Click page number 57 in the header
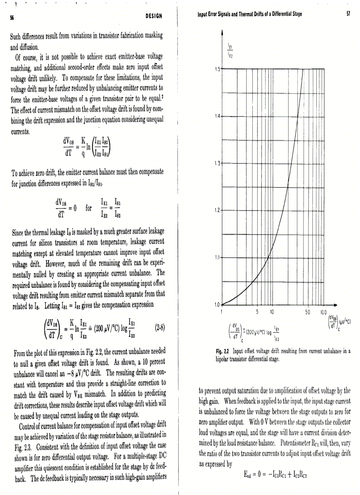pyautogui.click(x=349, y=14)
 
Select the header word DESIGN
pyautogui.click(x=154, y=16)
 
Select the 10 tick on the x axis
pyautogui.click(x=272, y=311)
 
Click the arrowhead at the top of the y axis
pyautogui.click(x=222, y=32)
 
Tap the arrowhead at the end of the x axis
pyautogui.click(x=336, y=304)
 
